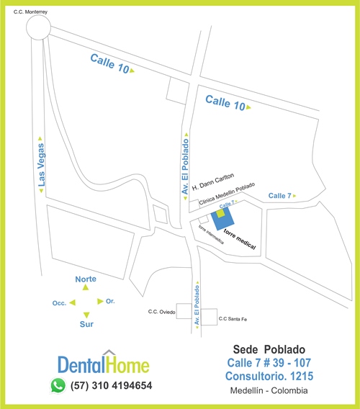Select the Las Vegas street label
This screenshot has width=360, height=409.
(41, 165)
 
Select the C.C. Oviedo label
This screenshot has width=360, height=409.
(161, 312)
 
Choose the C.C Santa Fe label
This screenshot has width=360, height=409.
(233, 319)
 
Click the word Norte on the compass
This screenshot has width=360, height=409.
(86, 279)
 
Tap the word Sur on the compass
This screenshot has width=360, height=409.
(86, 325)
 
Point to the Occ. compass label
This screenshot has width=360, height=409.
(60, 303)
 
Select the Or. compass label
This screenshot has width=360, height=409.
(110, 300)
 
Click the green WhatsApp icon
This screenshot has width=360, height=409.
(58, 385)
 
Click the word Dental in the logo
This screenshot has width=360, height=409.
(81, 364)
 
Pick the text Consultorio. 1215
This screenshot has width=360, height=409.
(269, 376)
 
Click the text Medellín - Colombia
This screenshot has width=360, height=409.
(269, 391)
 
